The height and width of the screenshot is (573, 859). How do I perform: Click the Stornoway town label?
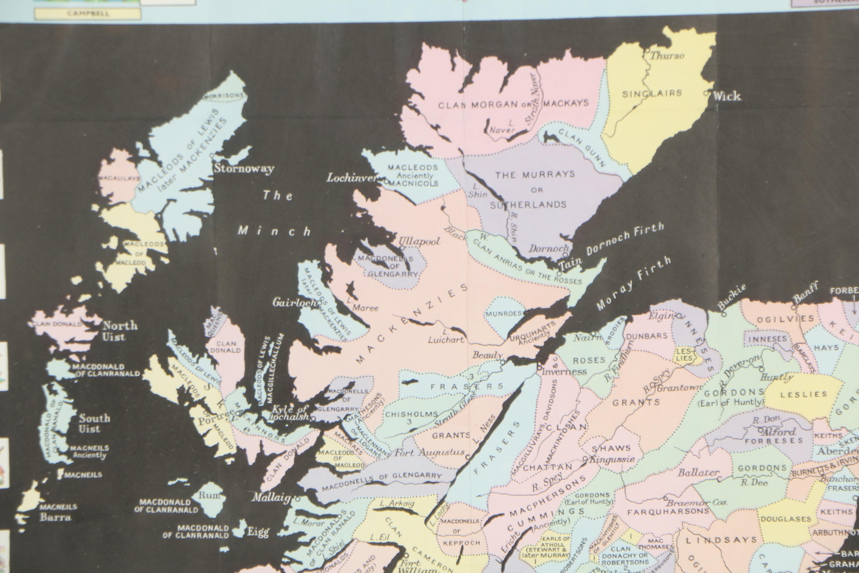coord(244,169)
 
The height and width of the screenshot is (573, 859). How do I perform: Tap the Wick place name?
coord(727,96)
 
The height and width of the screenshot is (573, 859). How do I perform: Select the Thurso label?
coord(667,56)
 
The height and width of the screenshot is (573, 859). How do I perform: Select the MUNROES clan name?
coord(504,314)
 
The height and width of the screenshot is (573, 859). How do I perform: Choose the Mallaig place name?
coord(271,497)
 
